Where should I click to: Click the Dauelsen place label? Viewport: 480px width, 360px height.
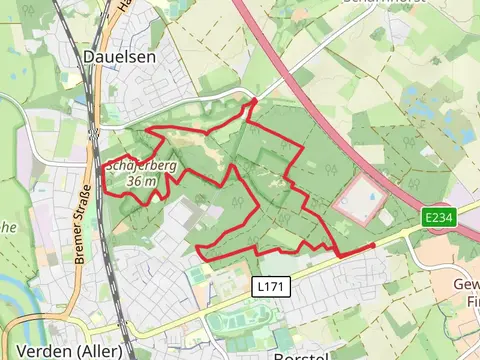point(120,58)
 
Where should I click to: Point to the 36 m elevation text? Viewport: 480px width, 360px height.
point(143,181)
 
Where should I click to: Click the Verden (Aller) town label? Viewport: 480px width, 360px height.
point(63,351)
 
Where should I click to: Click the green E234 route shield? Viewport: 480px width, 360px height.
point(439,217)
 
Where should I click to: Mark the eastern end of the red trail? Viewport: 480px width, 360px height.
point(374,245)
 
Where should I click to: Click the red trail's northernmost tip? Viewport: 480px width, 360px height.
point(255,100)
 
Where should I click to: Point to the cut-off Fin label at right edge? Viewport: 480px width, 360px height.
point(469,299)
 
